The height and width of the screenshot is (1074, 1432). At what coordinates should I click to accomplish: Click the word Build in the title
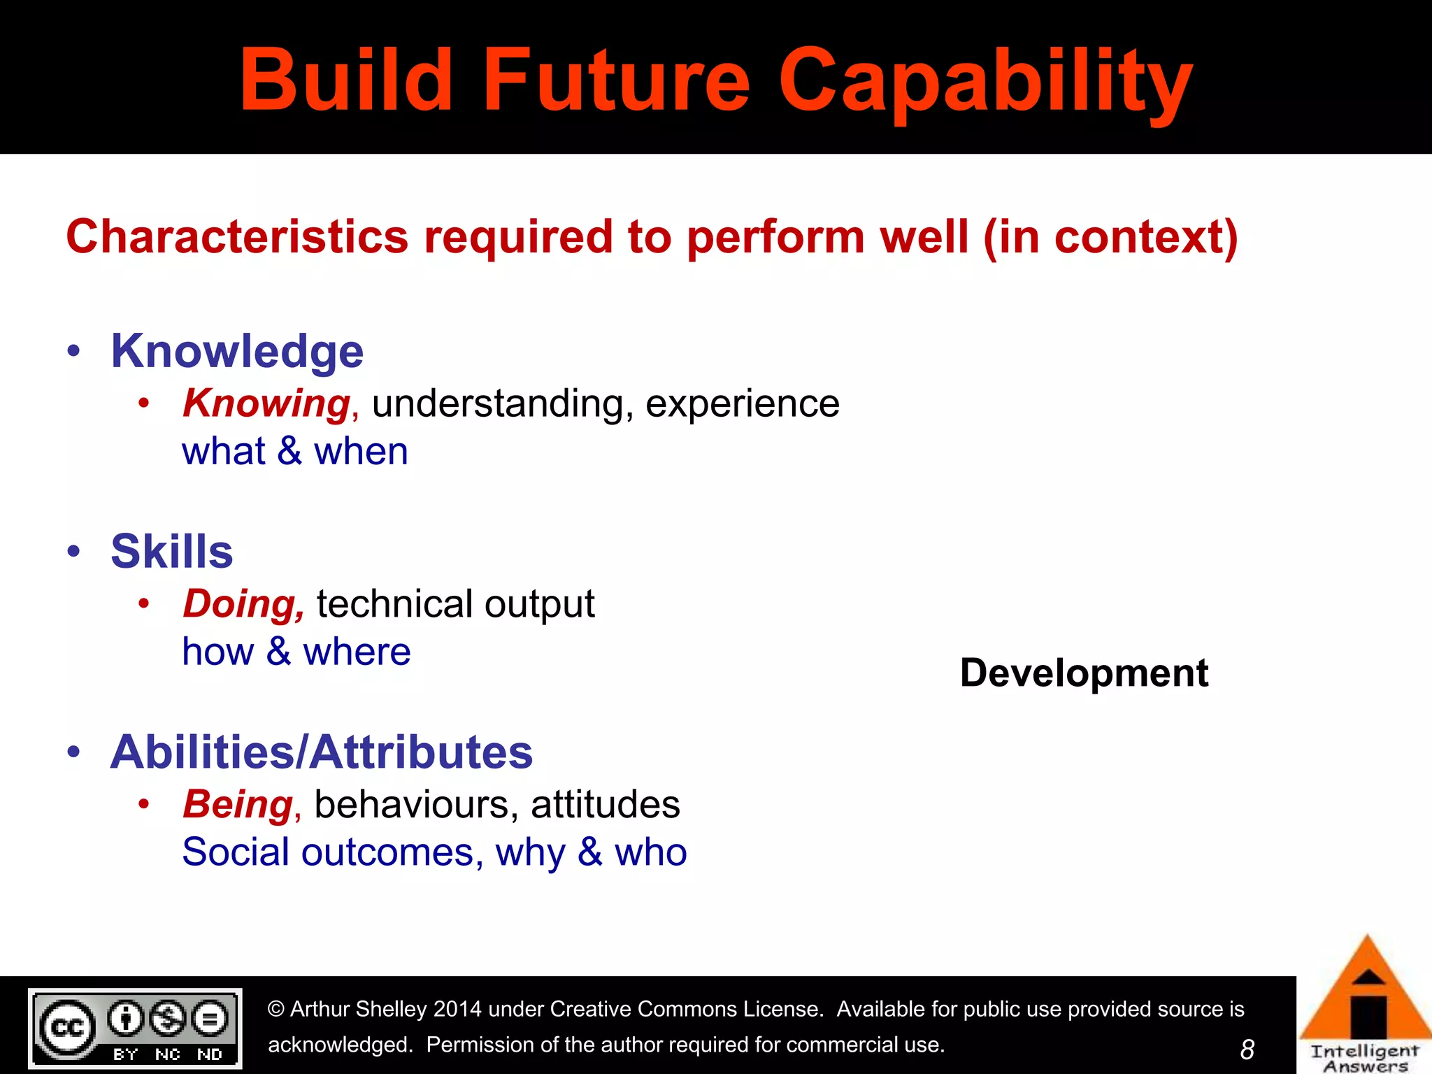[346, 80]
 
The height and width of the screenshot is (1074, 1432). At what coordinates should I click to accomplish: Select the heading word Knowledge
[237, 351]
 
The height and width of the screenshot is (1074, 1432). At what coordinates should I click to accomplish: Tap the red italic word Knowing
[266, 403]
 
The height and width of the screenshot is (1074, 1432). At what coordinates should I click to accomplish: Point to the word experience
[742, 404]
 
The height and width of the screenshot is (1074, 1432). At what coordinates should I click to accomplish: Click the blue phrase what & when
[294, 452]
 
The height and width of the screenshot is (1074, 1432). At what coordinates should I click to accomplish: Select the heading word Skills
[172, 552]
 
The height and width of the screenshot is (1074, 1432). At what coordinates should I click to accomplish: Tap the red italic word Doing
[243, 604]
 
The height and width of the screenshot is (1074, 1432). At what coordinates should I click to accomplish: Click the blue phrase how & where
[296, 652]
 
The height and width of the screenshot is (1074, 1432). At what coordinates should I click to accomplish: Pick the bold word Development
[1084, 673]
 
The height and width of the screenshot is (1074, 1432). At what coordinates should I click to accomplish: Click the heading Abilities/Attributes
[322, 752]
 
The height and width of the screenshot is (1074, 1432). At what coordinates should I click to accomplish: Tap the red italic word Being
[238, 805]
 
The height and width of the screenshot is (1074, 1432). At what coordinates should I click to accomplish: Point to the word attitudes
[605, 805]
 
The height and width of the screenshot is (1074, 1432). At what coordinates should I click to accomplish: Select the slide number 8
[1247, 1050]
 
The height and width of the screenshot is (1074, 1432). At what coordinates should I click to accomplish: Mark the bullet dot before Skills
[74, 552]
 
